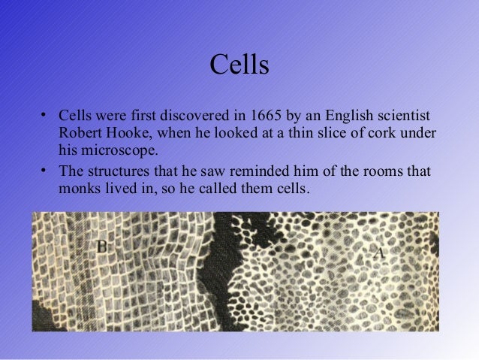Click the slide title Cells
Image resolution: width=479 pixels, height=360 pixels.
pyautogui.click(x=239, y=65)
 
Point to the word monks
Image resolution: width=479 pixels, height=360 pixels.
pyautogui.click(x=79, y=187)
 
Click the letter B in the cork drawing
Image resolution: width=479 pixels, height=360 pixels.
pyautogui.click(x=101, y=245)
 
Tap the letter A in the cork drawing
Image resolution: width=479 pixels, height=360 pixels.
pyautogui.click(x=378, y=253)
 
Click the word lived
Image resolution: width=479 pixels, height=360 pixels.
pyautogui.click(x=122, y=187)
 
